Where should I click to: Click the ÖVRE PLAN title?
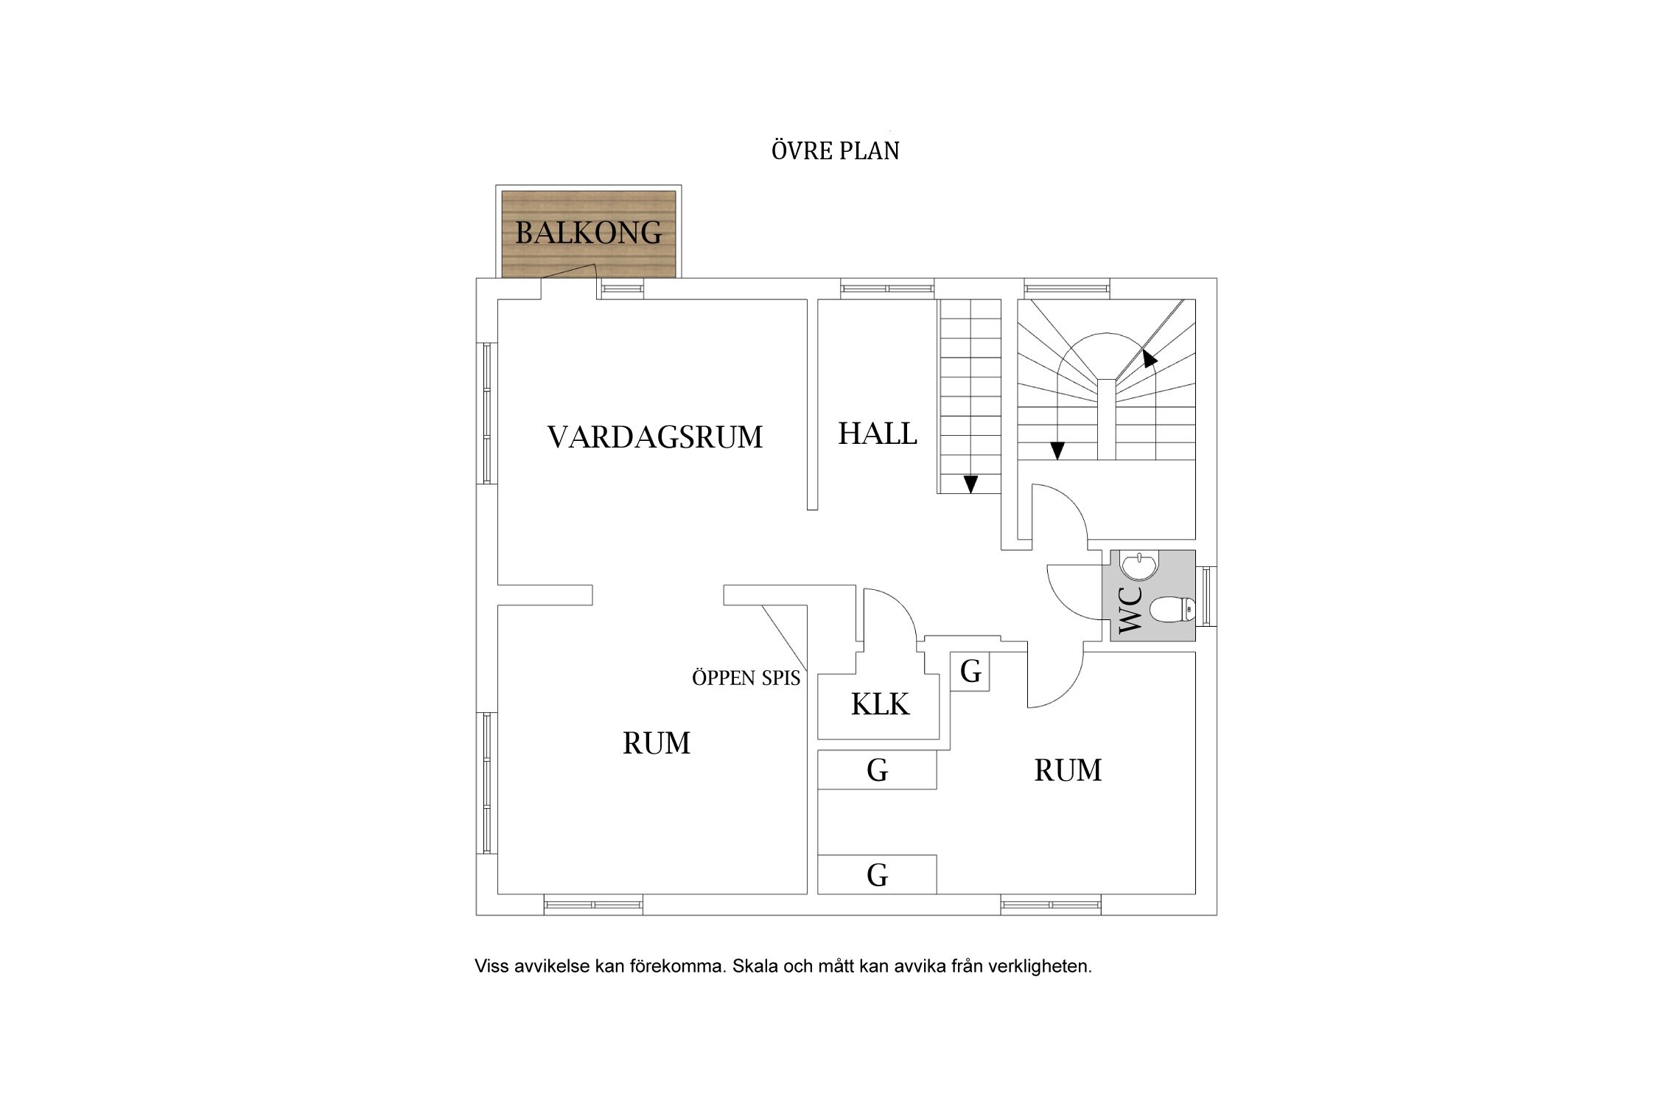[x=835, y=151]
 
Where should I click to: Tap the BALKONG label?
[x=588, y=233]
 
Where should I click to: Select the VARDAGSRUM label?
[x=654, y=437]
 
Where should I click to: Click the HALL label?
[x=877, y=434]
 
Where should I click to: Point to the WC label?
[x=1130, y=609]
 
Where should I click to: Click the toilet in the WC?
[x=1172, y=610]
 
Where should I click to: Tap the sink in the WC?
[x=1139, y=566]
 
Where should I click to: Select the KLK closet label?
[x=880, y=705]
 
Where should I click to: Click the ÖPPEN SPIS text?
[x=746, y=678]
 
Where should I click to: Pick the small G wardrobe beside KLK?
[x=970, y=672]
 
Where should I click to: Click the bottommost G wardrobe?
[x=877, y=875]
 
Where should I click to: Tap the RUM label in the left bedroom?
[x=656, y=743]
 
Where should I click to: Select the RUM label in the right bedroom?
[x=1067, y=771]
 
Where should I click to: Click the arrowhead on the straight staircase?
[x=970, y=484]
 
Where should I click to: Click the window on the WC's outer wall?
[x=1206, y=596]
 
